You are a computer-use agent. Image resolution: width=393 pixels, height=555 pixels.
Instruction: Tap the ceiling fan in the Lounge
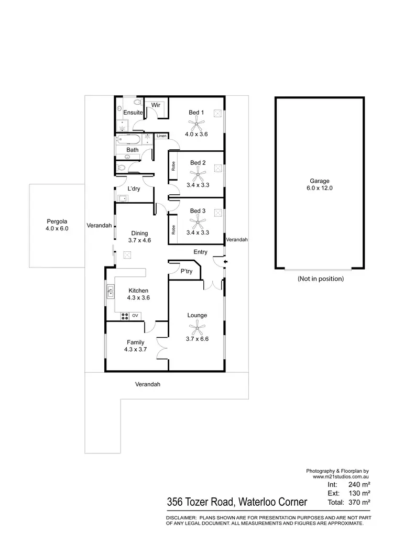pos(197,328)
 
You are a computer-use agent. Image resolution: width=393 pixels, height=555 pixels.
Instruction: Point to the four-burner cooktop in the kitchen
pos(125,315)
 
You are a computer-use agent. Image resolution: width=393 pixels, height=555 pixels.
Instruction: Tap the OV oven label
pos(135,315)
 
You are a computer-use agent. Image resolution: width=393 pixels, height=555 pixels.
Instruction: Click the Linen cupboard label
pos(161,136)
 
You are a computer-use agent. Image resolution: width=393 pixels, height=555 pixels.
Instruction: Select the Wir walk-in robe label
pos(155,105)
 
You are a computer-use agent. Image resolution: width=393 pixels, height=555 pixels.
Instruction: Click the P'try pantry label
pos(187,272)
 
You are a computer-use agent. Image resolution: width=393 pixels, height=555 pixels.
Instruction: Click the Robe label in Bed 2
pos(172,166)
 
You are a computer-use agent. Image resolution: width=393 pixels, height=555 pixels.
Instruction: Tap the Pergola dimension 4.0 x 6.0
pos(57,228)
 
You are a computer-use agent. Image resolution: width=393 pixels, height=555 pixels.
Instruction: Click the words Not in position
pos(320,279)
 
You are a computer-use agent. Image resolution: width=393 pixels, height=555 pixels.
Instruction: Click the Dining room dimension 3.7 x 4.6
pos(139,241)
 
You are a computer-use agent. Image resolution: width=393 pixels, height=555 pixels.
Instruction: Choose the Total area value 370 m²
pos(360,502)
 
